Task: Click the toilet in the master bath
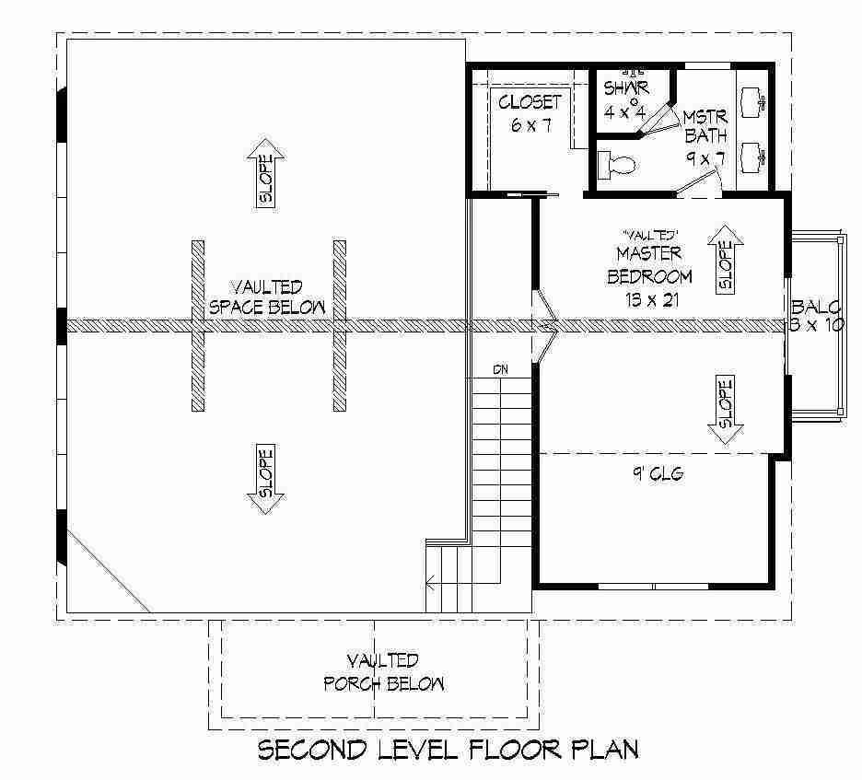(x=617, y=165)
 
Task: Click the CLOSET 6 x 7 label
(x=530, y=113)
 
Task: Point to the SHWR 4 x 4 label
(x=625, y=99)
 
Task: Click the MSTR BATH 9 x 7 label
(x=705, y=137)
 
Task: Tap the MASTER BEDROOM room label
(x=649, y=265)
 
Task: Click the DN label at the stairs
(x=500, y=370)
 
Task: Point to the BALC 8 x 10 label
(x=816, y=316)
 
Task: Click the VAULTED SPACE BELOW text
(x=267, y=297)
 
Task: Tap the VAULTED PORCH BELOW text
(x=383, y=672)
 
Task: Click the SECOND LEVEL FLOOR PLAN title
(x=448, y=750)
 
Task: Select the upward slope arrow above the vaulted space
(x=266, y=174)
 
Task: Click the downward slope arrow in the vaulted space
(x=266, y=478)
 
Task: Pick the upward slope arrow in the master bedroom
(x=726, y=260)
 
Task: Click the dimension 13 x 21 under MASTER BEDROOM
(x=652, y=299)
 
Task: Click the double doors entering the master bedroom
(x=544, y=327)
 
